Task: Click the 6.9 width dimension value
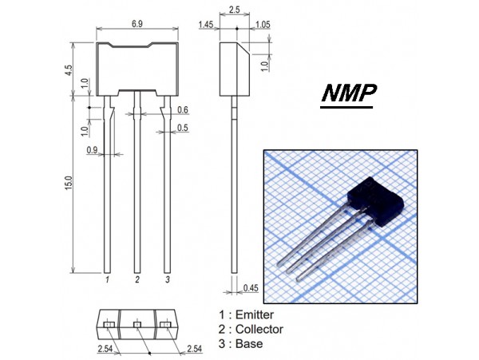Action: pos(137,26)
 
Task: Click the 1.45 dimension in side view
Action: pos(204,26)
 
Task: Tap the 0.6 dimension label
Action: pos(183,110)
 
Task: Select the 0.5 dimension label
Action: pos(183,127)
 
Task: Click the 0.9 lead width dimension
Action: pos(93,149)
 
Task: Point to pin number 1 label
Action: pos(107,280)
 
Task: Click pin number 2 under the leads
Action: pos(137,280)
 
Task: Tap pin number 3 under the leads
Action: pos(167,280)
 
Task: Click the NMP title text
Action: pos(349,95)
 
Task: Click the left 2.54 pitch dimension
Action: pos(105,350)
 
